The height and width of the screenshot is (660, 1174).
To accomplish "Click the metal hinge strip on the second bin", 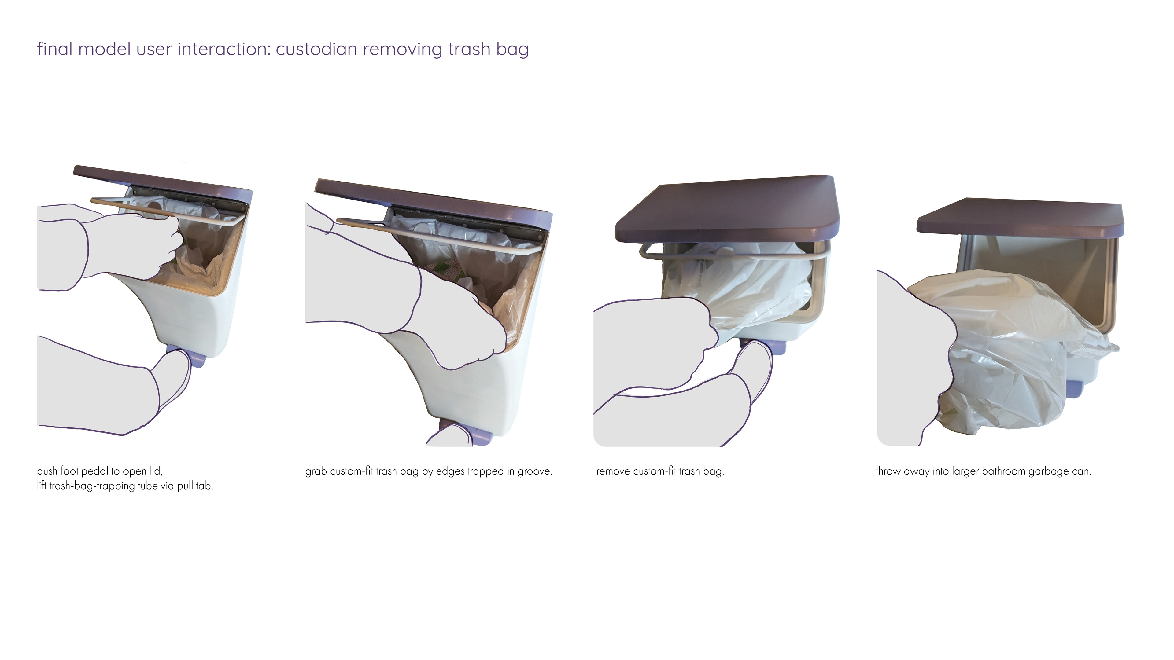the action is (x=469, y=220).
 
